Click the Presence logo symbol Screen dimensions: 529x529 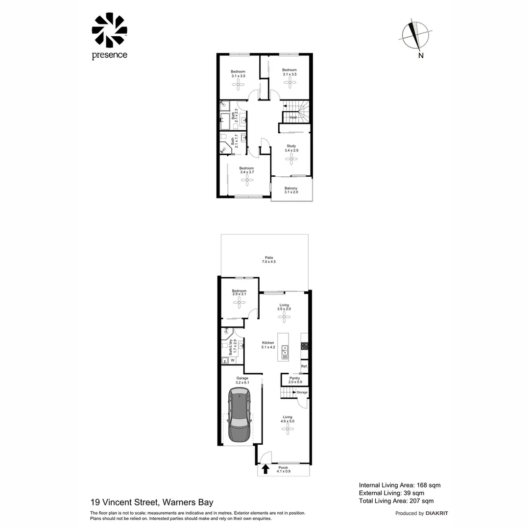(x=109, y=30)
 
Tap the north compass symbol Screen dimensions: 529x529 (x=416, y=36)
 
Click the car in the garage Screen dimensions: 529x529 (x=240, y=414)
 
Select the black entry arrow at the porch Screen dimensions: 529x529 (x=265, y=469)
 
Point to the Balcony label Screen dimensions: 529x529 (x=291, y=189)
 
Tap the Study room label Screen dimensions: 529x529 (x=291, y=146)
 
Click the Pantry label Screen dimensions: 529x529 (x=295, y=378)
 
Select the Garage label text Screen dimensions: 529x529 (x=242, y=378)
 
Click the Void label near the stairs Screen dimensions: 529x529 (x=293, y=118)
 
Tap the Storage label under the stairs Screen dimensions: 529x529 (x=302, y=392)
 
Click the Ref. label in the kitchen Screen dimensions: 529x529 (x=304, y=366)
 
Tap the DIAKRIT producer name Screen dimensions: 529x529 (x=437, y=513)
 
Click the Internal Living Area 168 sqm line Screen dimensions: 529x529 (x=400, y=485)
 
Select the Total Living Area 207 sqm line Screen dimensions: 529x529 (x=396, y=501)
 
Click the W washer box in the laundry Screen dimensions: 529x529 (x=233, y=361)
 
